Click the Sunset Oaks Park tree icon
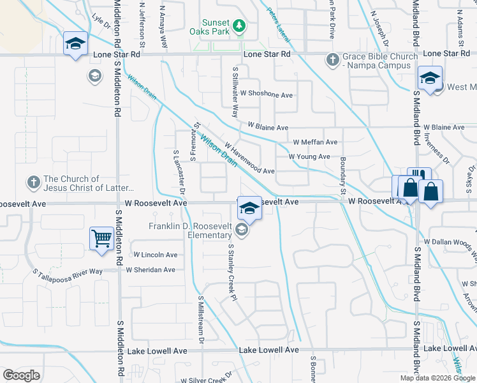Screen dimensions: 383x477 pos(239,26)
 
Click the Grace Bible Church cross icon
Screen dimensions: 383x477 pos(332,59)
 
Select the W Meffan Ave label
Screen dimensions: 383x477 pos(315,142)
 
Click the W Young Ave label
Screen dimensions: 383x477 pos(309,156)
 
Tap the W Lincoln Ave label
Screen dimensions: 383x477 pos(156,255)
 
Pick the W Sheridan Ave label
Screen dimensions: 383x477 pos(150,270)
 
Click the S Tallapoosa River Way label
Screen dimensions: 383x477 pos(68,272)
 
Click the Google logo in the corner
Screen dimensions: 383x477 pos(21,375)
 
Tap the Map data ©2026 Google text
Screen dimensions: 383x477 pos(438,378)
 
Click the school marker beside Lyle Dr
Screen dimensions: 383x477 pos(75,43)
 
